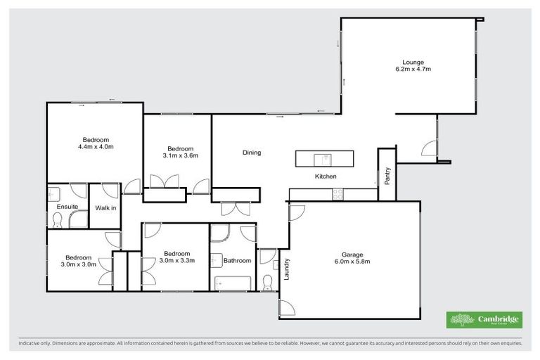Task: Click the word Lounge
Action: (x=413, y=62)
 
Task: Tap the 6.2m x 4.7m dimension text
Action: (x=413, y=69)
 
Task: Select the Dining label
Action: (x=252, y=153)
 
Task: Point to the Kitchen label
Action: (x=326, y=176)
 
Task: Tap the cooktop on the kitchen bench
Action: (x=337, y=192)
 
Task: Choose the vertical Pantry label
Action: (x=387, y=175)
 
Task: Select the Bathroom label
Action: (x=237, y=261)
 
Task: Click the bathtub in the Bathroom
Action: (x=233, y=283)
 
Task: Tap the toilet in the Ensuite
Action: (x=58, y=221)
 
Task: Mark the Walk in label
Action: (x=105, y=207)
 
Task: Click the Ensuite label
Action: (x=67, y=207)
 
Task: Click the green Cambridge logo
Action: (x=484, y=320)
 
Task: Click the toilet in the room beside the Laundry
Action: (x=267, y=283)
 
